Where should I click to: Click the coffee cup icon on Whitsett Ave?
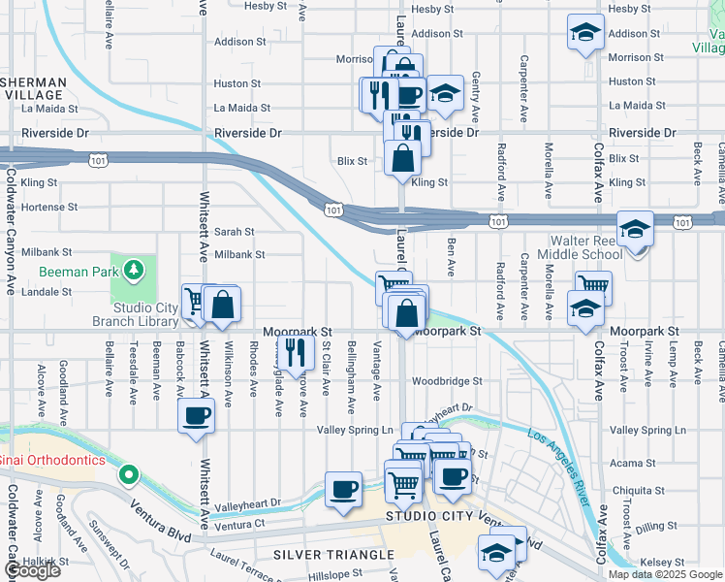point(197,417)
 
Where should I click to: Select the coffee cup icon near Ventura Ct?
point(343,489)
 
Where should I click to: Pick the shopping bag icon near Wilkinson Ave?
point(223,304)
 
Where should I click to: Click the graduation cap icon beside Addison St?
point(585,33)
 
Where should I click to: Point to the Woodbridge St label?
point(446,382)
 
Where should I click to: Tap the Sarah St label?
point(234,232)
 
